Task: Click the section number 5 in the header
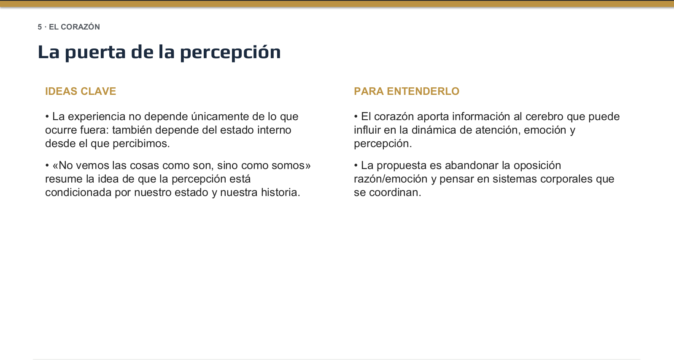[40, 27]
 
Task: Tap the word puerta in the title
[95, 52]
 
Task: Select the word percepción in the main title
[230, 52]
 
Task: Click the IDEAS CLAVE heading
[81, 91]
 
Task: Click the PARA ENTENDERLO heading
[407, 91]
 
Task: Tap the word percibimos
[141, 144]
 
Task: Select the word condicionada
[78, 193]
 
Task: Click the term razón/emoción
[391, 179]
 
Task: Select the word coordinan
[395, 193]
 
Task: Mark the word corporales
[566, 179]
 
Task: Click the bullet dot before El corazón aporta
[356, 116]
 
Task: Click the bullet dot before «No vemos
[47, 165]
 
